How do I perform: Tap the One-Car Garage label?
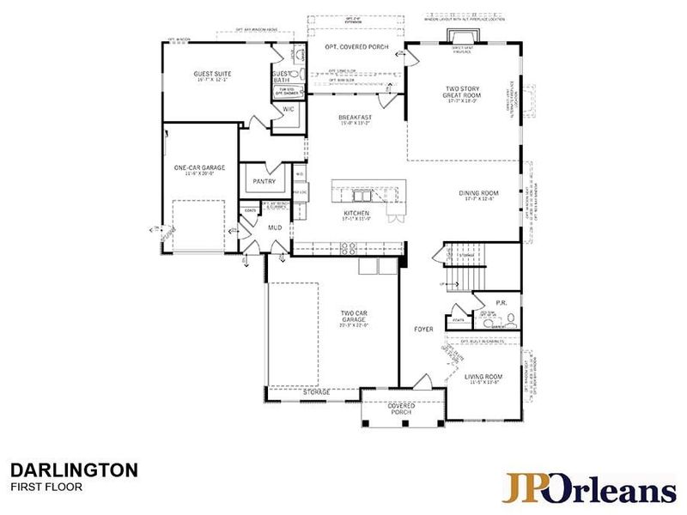(199, 167)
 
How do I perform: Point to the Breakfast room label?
(354, 118)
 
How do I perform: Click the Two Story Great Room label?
(463, 93)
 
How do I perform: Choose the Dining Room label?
(478, 193)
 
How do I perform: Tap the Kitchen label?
(356, 213)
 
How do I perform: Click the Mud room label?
(275, 227)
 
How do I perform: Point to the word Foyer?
(423, 329)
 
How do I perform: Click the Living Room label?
(483, 377)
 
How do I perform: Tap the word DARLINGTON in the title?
(74, 470)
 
